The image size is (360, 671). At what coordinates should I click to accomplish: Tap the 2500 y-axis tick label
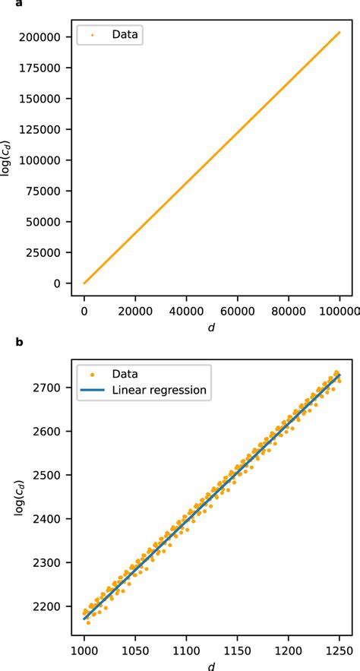57,475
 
